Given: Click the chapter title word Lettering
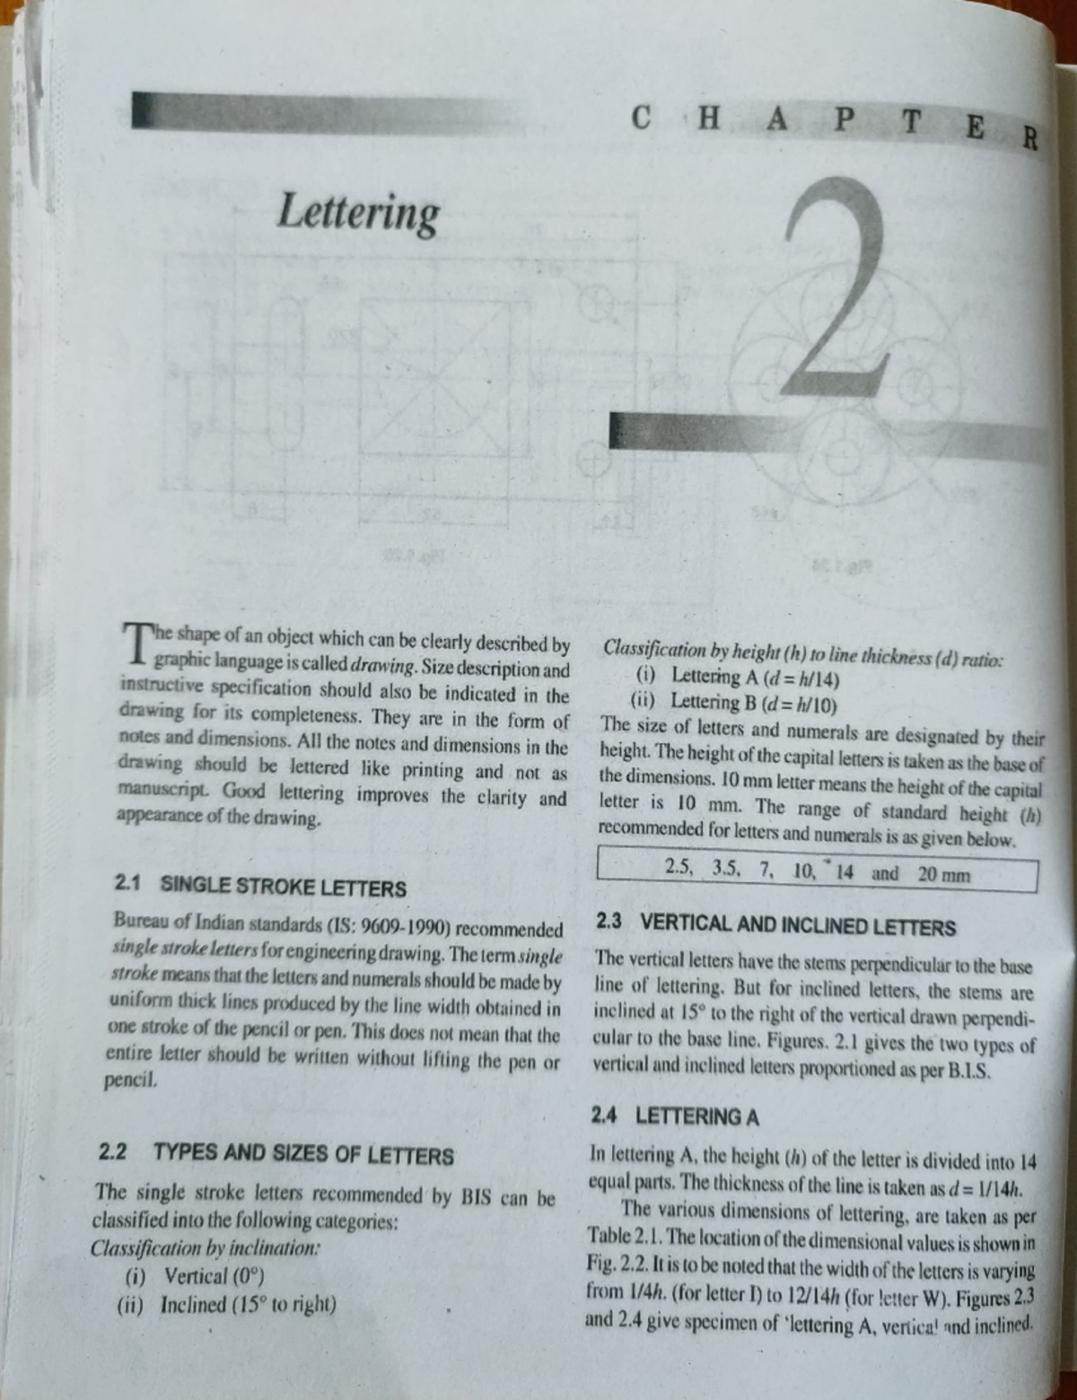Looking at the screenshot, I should pos(358,214).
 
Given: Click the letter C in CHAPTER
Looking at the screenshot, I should pos(641,118).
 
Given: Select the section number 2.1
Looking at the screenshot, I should pos(127,884).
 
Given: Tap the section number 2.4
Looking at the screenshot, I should pos(604,1116).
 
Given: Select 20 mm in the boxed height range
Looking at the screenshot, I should pos(944,874).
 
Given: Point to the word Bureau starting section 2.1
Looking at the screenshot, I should pos(140,921).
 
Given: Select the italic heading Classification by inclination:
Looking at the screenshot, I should pos(206,1247).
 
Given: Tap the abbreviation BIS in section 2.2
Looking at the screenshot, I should pos(477,1197).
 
